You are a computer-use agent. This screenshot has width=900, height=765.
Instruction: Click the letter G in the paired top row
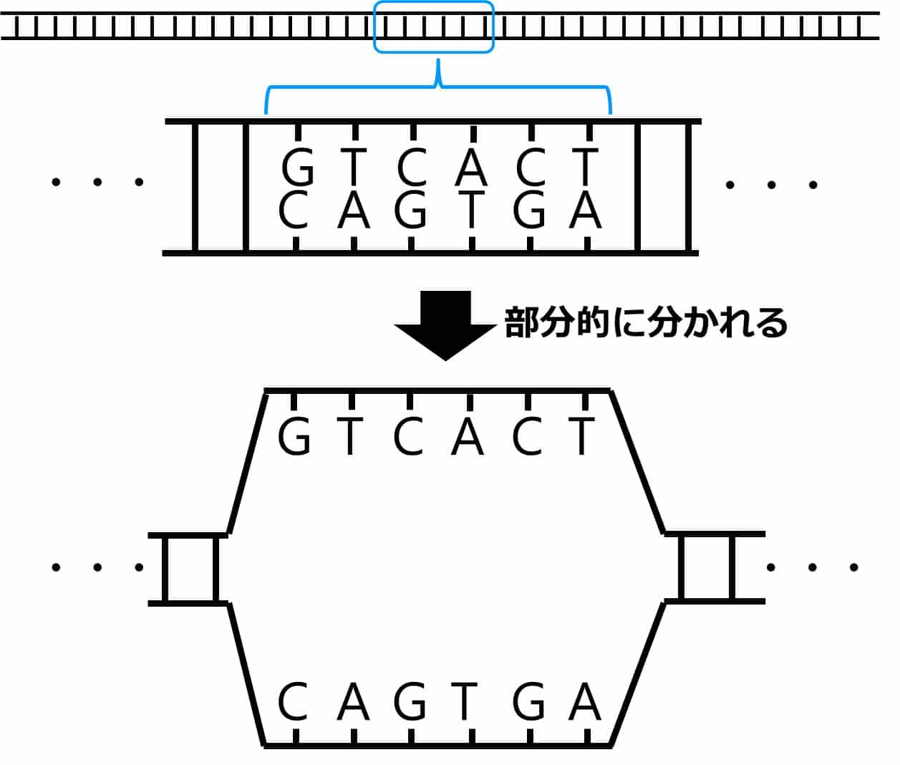[298, 169]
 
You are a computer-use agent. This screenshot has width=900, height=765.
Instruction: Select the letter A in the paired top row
[471, 169]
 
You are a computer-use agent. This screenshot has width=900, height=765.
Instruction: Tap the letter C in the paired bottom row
[293, 211]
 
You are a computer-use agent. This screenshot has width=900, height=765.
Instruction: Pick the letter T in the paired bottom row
[470, 211]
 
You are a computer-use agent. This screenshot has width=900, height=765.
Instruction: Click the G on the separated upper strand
[294, 437]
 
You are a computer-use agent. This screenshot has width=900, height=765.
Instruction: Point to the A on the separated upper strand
[468, 437]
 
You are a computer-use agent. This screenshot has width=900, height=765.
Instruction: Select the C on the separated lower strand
[293, 703]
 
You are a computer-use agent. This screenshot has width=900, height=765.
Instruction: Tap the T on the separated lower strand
[465, 703]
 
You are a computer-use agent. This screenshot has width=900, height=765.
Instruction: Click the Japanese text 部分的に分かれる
[646, 323]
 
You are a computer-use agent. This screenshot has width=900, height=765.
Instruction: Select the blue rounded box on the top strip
[434, 27]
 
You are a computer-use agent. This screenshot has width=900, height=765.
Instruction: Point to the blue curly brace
[438, 90]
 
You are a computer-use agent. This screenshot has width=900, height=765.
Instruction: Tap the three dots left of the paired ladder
[97, 182]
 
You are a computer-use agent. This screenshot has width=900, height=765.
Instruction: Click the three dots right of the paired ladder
[771, 185]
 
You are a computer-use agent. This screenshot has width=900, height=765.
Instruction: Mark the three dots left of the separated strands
[97, 568]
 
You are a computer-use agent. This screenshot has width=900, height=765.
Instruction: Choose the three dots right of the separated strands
[812, 567]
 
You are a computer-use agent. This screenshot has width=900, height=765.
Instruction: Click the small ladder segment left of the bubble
[189, 569]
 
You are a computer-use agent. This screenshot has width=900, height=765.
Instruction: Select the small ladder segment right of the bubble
[707, 567]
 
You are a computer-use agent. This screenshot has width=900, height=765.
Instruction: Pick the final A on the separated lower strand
[584, 703]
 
